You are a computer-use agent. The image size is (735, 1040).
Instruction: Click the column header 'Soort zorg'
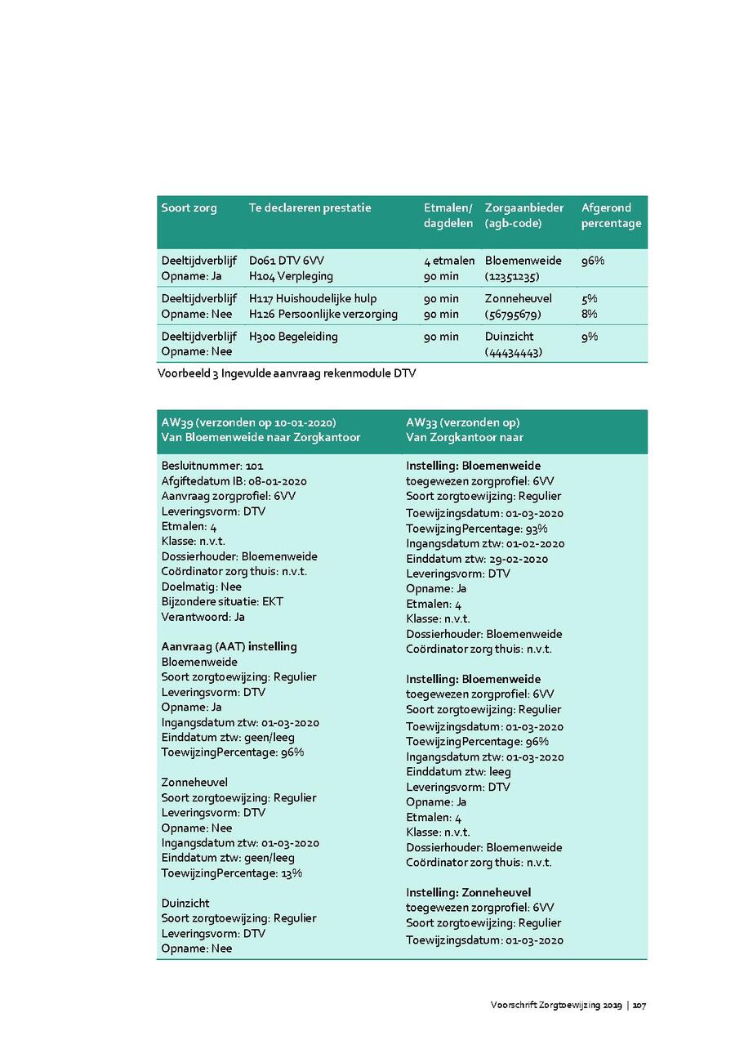189,208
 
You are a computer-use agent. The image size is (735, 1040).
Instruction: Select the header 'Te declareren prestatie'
310,208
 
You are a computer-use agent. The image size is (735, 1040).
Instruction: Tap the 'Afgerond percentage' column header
611,216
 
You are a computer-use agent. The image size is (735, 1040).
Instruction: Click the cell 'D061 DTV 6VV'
287,261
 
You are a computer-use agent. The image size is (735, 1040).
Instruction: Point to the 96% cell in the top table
593,261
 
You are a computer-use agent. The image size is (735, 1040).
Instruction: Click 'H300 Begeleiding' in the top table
293,337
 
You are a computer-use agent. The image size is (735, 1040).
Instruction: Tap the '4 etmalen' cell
448,261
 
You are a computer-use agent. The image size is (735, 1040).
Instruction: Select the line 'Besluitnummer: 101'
212,466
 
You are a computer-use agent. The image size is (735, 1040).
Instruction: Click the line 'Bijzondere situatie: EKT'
222,602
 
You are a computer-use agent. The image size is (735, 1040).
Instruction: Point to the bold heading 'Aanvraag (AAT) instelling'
229,647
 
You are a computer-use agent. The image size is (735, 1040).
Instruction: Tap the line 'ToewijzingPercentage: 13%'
232,873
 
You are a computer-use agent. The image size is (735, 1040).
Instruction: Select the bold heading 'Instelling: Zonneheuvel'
469,893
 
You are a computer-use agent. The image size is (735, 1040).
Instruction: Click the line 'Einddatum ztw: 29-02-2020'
477,559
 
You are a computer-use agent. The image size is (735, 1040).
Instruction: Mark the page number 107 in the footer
639,1006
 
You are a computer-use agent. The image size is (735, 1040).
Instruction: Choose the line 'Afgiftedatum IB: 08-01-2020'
234,481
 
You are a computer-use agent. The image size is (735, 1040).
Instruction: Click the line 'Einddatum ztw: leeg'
458,772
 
